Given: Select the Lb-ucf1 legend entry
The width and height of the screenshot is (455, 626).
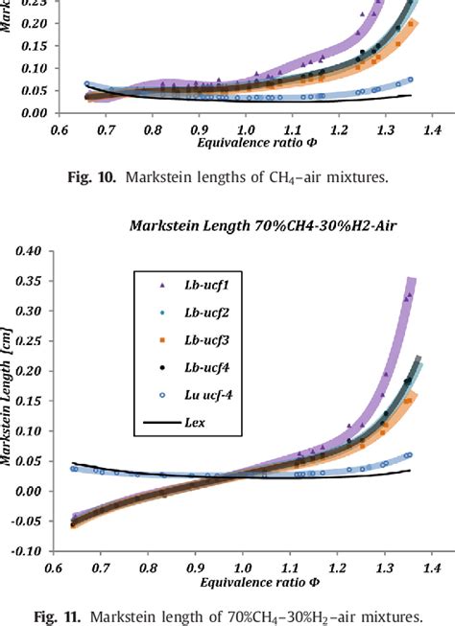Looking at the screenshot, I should (x=205, y=285).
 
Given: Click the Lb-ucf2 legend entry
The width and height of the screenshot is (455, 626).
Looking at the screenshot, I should (x=205, y=312).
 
